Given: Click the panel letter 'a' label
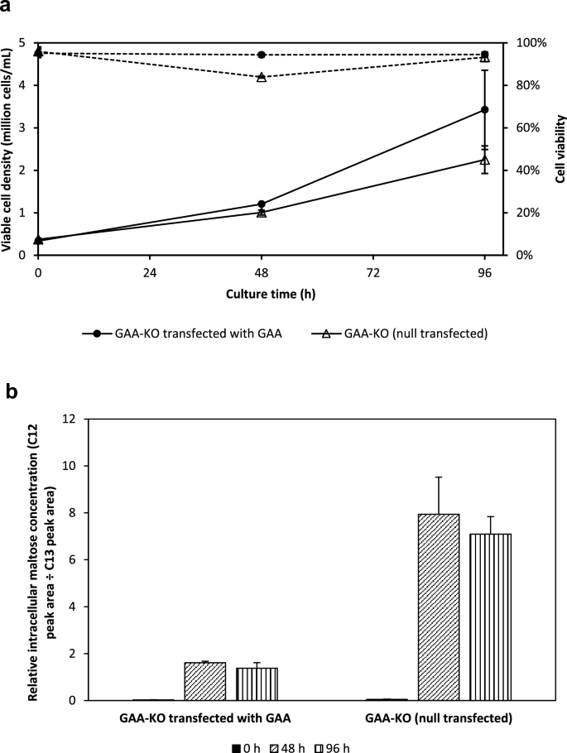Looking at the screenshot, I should (x=7, y=8).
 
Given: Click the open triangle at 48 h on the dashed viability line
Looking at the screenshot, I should (x=262, y=77).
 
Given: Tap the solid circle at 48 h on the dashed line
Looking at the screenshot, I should (x=262, y=55).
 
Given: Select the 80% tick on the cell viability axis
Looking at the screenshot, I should (x=529, y=85).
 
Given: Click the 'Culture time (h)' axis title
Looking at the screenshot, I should (x=261, y=293).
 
